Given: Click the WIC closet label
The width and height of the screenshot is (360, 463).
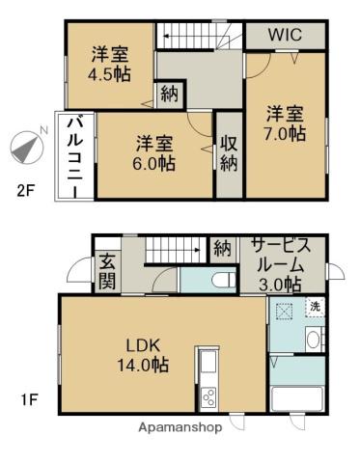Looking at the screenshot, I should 285,35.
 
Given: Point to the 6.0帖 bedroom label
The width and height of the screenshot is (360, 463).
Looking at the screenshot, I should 154,153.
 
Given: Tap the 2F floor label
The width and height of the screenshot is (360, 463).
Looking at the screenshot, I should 25,190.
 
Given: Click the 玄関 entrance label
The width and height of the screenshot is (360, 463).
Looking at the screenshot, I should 105,271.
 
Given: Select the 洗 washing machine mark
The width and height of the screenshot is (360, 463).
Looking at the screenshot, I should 315,307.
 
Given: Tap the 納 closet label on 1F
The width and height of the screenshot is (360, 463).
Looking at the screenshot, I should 223,248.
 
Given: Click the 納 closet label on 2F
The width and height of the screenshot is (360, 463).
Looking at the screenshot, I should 169,94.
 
